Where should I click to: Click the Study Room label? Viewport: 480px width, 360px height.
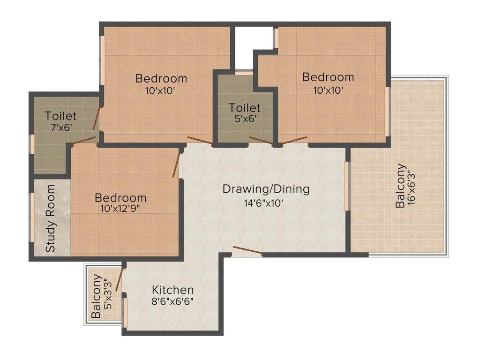coord(50,218)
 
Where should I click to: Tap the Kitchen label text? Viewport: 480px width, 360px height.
coord(172,290)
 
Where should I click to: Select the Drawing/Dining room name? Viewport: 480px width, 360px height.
coord(266,189)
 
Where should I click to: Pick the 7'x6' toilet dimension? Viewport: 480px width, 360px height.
coord(60,127)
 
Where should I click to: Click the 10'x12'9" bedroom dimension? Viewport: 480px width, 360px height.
coord(120,209)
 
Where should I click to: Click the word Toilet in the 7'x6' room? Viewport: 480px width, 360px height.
coord(60,115)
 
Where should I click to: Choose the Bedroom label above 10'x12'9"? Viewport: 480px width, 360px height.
coord(120,198)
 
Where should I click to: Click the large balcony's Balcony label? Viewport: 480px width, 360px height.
coord(401,186)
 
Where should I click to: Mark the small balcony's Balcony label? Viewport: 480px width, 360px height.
coord(96,296)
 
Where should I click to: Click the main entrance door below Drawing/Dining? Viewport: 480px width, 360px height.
coord(247,251)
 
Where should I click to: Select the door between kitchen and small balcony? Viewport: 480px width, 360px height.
coord(119,280)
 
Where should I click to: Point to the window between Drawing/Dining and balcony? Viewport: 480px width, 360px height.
coord(347,186)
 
